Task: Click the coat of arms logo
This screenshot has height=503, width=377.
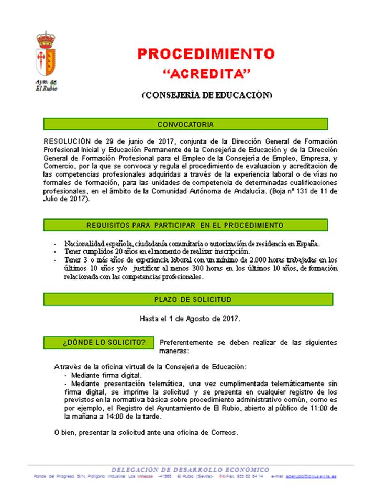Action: pos(46,55)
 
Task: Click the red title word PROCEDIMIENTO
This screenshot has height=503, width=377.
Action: pos(206,54)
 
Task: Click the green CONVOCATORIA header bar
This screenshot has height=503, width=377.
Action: pos(185,125)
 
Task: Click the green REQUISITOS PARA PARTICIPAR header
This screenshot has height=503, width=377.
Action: pos(185,225)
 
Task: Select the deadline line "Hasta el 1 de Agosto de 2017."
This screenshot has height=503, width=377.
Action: pos(190,318)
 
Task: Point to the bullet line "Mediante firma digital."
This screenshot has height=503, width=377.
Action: pos(103,376)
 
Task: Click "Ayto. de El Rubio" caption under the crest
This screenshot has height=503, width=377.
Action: pos(46,85)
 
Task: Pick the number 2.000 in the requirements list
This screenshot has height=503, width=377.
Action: pos(261,260)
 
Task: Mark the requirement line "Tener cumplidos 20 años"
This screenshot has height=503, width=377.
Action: pos(157,251)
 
